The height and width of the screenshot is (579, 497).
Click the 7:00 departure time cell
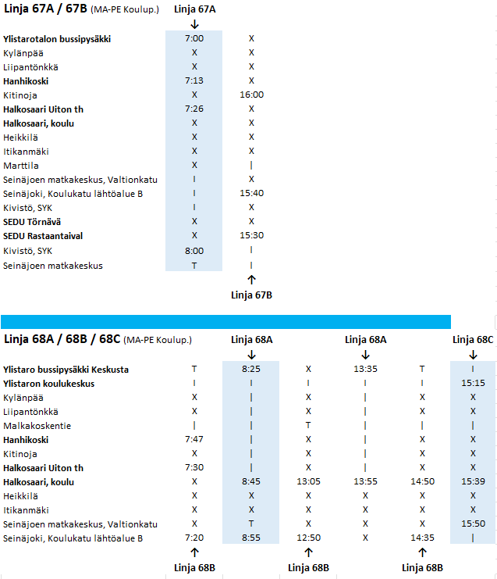(x=194, y=38)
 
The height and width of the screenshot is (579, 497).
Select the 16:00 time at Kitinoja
(x=251, y=95)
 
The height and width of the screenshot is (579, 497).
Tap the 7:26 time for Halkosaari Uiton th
(x=194, y=109)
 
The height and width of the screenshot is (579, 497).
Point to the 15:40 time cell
(x=251, y=194)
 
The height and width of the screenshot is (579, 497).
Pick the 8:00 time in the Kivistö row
(x=194, y=251)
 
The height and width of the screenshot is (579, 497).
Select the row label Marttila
(x=21, y=166)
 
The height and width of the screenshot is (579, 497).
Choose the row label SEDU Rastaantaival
(x=43, y=236)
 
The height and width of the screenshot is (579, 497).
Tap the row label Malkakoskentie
(x=37, y=426)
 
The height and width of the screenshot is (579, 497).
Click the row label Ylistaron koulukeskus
(x=48, y=384)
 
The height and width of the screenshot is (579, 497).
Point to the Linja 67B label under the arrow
(x=251, y=295)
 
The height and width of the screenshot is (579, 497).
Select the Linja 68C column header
(x=473, y=340)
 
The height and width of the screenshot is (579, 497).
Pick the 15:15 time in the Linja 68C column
(x=473, y=384)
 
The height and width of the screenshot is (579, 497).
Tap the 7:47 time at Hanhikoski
(x=194, y=440)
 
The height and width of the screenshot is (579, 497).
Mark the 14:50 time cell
(x=422, y=482)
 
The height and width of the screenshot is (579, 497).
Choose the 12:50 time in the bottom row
(x=308, y=538)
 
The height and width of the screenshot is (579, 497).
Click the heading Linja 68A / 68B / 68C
(x=62, y=340)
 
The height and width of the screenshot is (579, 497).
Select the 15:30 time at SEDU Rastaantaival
(x=251, y=236)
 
